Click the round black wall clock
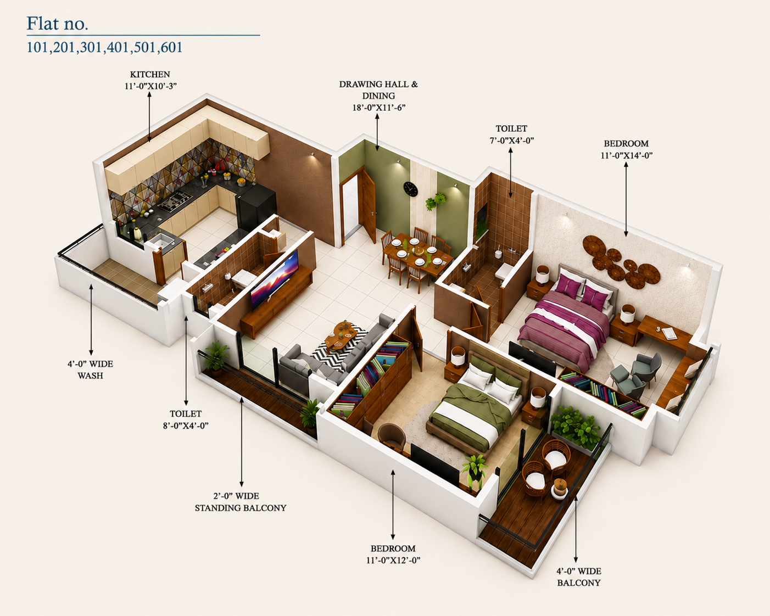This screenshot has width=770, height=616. pyautogui.click(x=410, y=189)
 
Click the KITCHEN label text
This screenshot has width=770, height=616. pyautogui.click(x=150, y=75)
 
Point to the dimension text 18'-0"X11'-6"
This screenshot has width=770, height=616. pyautogui.click(x=378, y=108)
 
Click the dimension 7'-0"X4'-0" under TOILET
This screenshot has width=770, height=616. pyautogui.click(x=512, y=140)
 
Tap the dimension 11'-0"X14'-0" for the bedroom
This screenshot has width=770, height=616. pyautogui.click(x=627, y=155)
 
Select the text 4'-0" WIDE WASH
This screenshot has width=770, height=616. pyautogui.click(x=91, y=369)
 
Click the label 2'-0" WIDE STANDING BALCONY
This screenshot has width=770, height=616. pyautogui.click(x=241, y=502)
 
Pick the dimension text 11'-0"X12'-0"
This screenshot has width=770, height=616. pyautogui.click(x=393, y=560)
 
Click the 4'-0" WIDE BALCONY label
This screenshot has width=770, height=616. pyautogui.click(x=578, y=577)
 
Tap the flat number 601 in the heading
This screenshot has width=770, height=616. pyautogui.click(x=171, y=48)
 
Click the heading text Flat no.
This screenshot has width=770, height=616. pyautogui.click(x=57, y=24)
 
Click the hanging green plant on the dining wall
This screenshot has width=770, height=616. pyautogui.click(x=435, y=201)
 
